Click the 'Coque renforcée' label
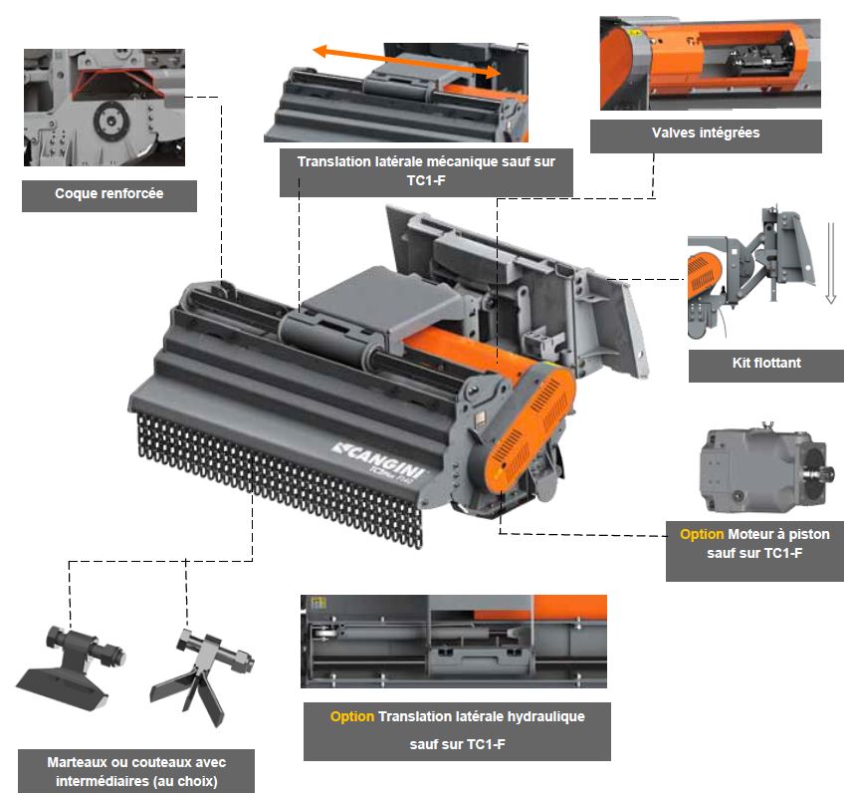[x=108, y=195]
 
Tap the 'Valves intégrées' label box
[x=706, y=135]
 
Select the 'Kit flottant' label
[x=766, y=366]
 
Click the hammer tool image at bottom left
[x=71, y=666]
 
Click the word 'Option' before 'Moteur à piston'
[x=702, y=534]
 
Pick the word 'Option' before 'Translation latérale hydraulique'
[x=351, y=716]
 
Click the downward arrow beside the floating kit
[x=830, y=263]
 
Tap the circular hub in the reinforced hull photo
[x=111, y=121]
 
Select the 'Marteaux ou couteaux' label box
[x=136, y=771]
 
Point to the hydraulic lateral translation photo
[x=454, y=642]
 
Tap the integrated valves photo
[x=710, y=64]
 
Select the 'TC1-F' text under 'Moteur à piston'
[x=782, y=553]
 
